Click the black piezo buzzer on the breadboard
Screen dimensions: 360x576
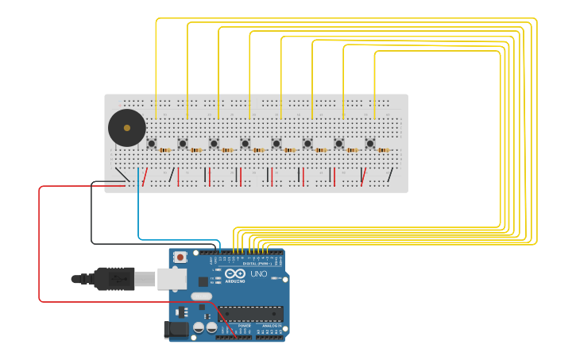[127, 127]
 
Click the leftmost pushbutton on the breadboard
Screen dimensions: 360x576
[151, 144]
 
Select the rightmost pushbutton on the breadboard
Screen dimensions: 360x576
[370, 144]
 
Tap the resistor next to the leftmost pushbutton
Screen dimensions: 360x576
[164, 149]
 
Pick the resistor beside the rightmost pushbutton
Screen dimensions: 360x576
[384, 149]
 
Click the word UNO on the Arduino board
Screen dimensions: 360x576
[259, 273]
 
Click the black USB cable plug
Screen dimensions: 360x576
[111, 279]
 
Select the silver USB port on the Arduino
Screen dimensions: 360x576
[171, 278]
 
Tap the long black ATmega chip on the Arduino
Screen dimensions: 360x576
[251, 314]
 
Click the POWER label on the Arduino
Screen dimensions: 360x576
[244, 326]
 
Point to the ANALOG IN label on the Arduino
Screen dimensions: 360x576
[270, 326]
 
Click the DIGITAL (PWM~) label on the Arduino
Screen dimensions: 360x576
[253, 263]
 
